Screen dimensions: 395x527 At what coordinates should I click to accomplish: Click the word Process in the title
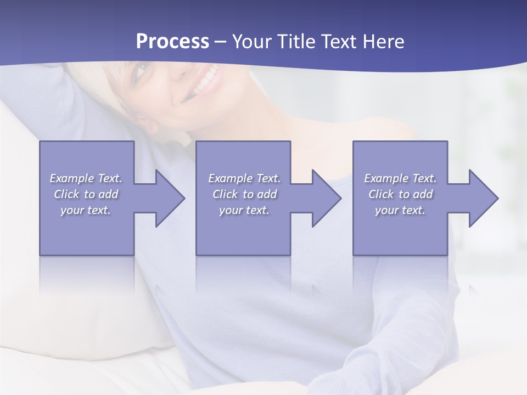(x=172, y=42)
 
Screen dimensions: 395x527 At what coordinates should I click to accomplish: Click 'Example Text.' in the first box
(x=86, y=178)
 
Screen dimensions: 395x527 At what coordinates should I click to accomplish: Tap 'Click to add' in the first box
(x=86, y=194)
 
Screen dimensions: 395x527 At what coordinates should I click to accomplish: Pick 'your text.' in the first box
(x=86, y=210)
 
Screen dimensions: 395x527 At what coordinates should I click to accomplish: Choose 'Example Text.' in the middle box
(x=244, y=178)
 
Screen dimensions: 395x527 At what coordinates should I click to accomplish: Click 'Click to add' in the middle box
(x=244, y=194)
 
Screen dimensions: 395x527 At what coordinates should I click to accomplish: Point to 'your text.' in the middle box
(x=244, y=210)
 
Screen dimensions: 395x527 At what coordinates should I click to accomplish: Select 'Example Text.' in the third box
(x=400, y=178)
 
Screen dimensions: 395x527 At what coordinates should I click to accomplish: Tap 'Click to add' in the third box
(x=400, y=194)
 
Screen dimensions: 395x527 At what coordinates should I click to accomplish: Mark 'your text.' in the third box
(x=400, y=210)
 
